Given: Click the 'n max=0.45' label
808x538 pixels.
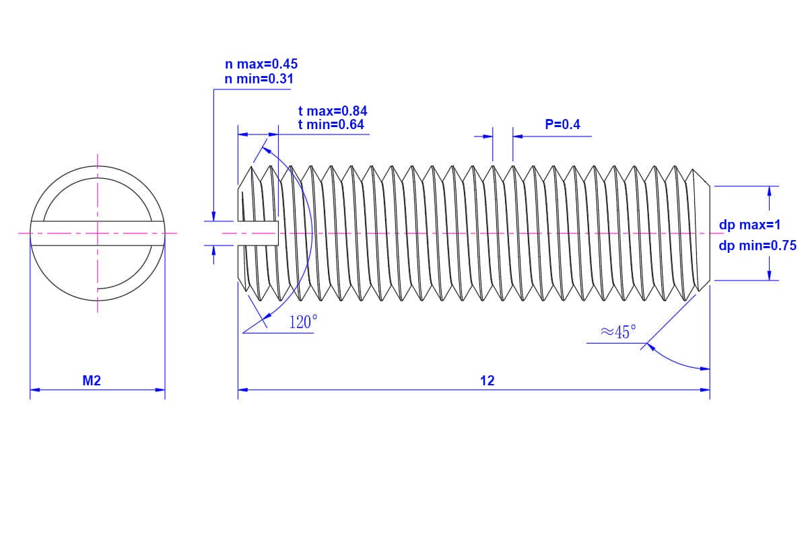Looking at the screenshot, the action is [261, 64].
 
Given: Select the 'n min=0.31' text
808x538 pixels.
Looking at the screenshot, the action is [259, 79].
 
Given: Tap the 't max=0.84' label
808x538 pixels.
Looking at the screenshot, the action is [333, 111].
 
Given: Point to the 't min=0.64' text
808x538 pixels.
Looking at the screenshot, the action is [331, 124].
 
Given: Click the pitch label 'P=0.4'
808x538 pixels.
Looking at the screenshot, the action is [562, 124].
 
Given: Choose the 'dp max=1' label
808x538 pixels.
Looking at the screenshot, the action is [749, 225].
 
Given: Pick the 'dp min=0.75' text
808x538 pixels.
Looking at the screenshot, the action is [757, 245].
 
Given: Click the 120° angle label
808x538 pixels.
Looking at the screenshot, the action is [304, 321].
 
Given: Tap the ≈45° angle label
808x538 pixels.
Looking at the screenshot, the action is [618, 332].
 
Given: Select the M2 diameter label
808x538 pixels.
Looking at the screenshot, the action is [92, 381].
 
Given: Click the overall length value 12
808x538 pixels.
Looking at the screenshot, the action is [487, 381].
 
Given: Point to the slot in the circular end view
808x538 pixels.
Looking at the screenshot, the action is [98, 233].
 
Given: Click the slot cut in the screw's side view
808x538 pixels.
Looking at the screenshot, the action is [259, 233].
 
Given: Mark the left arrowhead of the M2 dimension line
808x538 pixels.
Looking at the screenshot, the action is [35, 390].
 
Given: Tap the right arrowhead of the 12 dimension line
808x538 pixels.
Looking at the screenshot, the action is [705, 390].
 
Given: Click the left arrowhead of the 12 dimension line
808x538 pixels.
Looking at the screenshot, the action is [243, 390].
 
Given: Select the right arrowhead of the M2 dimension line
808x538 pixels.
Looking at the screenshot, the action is [160, 390].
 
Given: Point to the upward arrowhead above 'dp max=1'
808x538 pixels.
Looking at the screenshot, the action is [769, 192].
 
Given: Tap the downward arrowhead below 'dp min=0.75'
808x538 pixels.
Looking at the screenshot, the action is [769, 275].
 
